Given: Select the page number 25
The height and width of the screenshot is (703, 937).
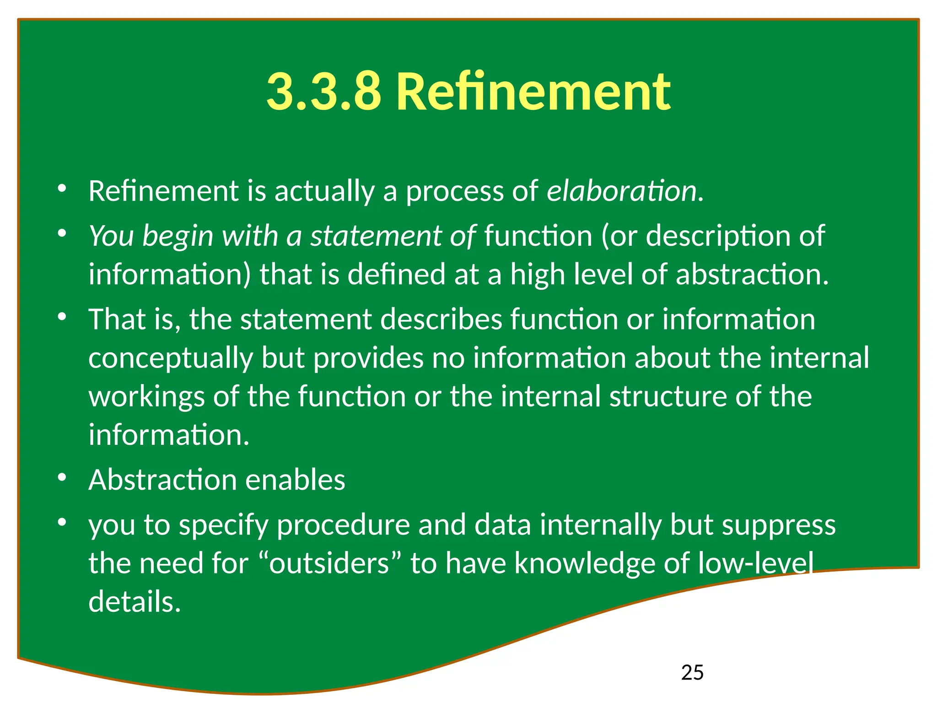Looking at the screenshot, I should (692, 672).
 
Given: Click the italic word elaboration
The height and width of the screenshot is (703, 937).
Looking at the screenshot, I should (622, 191).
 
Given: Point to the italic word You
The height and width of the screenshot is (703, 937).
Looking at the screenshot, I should (111, 236).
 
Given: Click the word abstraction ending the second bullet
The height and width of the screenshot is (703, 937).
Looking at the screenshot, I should (752, 275).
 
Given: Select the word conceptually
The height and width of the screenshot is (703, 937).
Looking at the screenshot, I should (171, 358).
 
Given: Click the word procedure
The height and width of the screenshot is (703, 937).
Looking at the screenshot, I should (343, 525).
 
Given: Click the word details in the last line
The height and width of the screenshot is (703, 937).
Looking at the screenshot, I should (135, 601).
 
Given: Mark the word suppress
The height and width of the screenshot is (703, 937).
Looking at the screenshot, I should (779, 525).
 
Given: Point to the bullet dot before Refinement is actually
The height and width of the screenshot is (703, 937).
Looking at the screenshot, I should (62, 188).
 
